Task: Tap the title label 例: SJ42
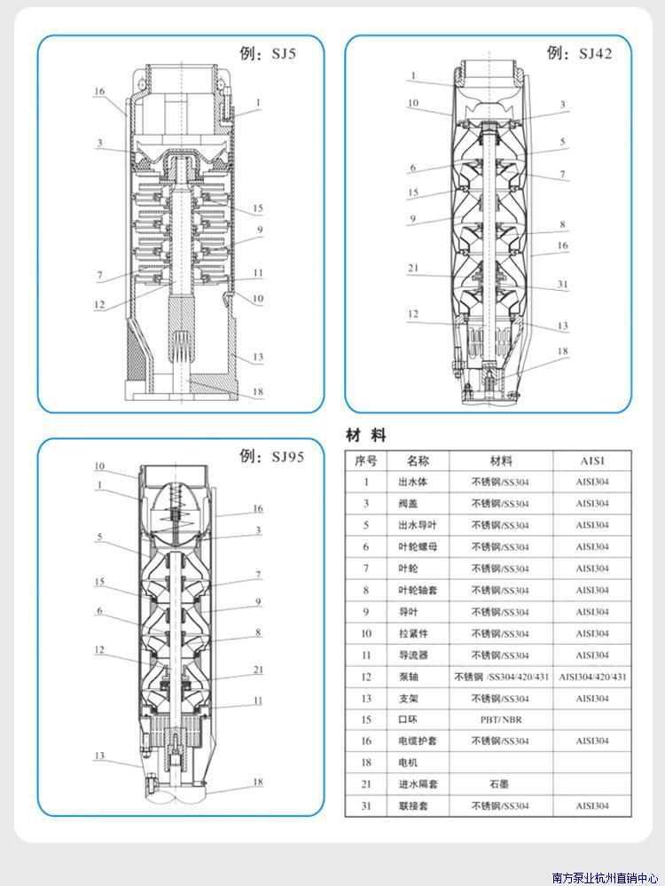tap(580, 53)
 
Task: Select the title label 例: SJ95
tap(272, 457)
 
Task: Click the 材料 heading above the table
tap(365, 435)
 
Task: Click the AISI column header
tap(592, 461)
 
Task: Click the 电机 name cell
tap(408, 763)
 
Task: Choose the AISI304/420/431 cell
tap(593, 677)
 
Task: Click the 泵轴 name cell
tap(408, 677)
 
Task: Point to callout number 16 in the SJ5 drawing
tap(99, 91)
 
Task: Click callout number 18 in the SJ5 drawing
tap(257, 391)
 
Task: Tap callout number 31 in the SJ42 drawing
tap(563, 285)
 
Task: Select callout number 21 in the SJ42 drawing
tap(413, 268)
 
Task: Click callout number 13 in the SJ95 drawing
tap(99, 756)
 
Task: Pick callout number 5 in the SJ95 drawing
tap(99, 537)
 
